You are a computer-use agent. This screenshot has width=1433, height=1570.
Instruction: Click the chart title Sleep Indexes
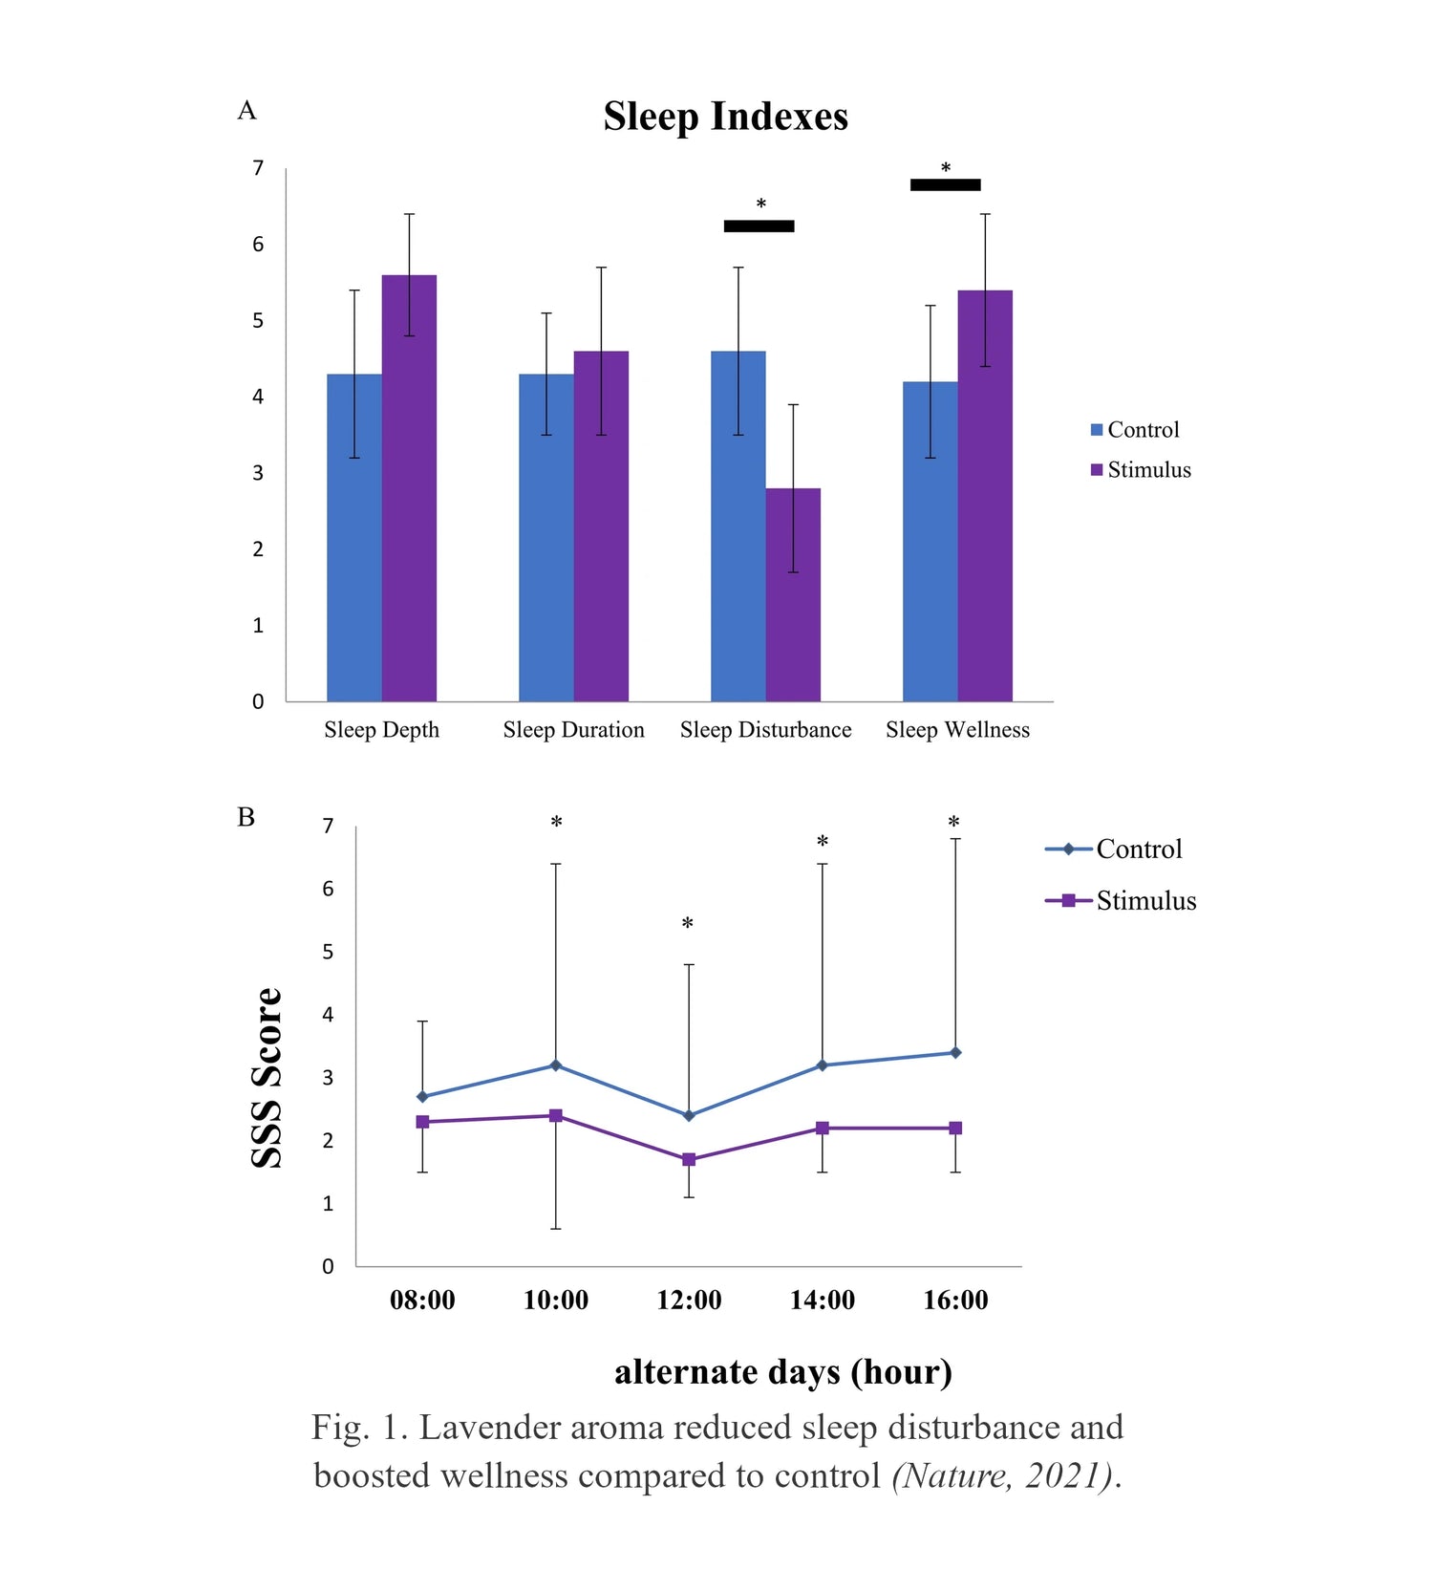(x=725, y=117)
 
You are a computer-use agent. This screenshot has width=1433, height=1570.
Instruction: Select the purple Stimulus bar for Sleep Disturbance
(x=793, y=594)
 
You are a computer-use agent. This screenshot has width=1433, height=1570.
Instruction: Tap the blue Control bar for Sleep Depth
(x=354, y=537)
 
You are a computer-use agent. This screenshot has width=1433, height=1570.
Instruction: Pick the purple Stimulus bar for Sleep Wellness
(x=985, y=495)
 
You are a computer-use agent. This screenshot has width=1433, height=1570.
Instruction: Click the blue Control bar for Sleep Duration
(x=546, y=537)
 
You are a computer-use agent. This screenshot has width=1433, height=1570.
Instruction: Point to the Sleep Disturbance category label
(x=766, y=730)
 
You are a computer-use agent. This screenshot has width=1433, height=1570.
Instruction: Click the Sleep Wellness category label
(x=958, y=730)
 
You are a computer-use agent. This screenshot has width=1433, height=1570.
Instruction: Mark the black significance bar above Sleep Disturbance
(x=759, y=226)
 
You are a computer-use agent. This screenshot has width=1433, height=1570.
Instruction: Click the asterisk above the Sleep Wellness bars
(x=946, y=168)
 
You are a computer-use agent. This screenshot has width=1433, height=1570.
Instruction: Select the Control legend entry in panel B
(x=1114, y=849)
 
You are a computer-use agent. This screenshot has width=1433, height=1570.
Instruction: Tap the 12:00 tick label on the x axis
(x=689, y=1300)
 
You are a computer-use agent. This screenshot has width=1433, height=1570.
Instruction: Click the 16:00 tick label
(x=955, y=1300)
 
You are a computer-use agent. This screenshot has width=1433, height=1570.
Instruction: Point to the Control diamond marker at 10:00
(x=555, y=1065)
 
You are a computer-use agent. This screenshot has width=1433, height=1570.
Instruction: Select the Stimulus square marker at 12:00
(x=689, y=1159)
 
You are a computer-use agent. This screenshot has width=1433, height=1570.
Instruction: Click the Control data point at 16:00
(x=955, y=1052)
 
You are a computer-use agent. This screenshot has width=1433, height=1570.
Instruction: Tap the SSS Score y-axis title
(x=267, y=1077)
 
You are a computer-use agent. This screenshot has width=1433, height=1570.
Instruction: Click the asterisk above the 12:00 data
(x=687, y=924)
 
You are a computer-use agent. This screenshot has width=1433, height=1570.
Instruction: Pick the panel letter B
(x=246, y=817)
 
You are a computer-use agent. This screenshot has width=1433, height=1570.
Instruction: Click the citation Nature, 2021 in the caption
(x=1003, y=1476)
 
